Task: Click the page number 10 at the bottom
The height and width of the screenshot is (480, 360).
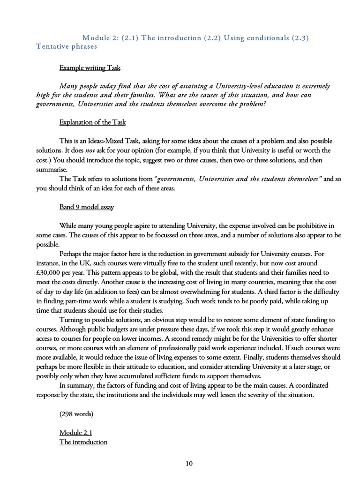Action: coord(189,464)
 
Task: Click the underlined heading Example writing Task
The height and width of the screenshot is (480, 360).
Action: coord(90,68)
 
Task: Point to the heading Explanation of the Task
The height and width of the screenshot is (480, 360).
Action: coord(92,122)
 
